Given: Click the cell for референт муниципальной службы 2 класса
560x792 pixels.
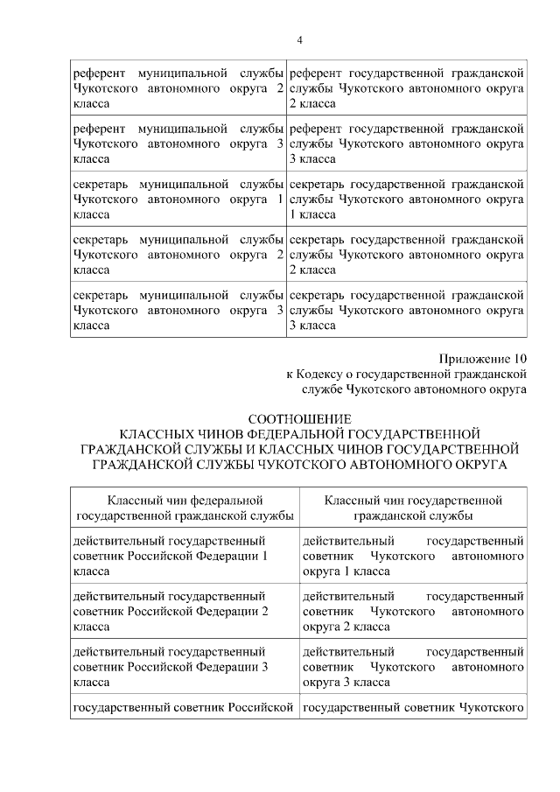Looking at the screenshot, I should click(x=178, y=88).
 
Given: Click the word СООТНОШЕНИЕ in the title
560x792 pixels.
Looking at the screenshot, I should click(x=300, y=418).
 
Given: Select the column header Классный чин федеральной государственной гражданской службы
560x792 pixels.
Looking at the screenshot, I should click(x=185, y=508).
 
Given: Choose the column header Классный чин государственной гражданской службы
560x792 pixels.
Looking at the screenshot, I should click(x=413, y=508).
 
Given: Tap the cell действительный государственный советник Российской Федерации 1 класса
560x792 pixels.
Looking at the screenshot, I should click(x=185, y=557).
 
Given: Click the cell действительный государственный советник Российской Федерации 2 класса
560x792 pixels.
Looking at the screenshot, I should click(x=185, y=612).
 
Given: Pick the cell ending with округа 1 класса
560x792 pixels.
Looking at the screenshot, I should click(x=413, y=557).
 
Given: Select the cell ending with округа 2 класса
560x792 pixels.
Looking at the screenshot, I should click(x=413, y=612).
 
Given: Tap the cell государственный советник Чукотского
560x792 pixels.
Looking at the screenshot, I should click(x=413, y=706).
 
